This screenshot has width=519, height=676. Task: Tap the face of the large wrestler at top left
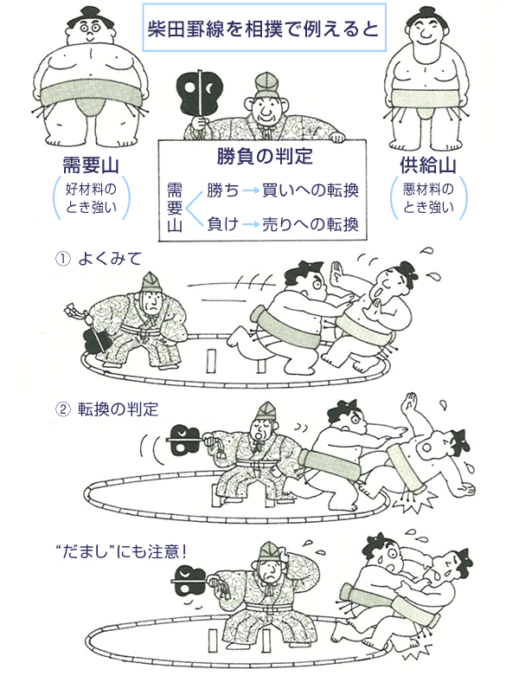pyautogui.click(x=89, y=29)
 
